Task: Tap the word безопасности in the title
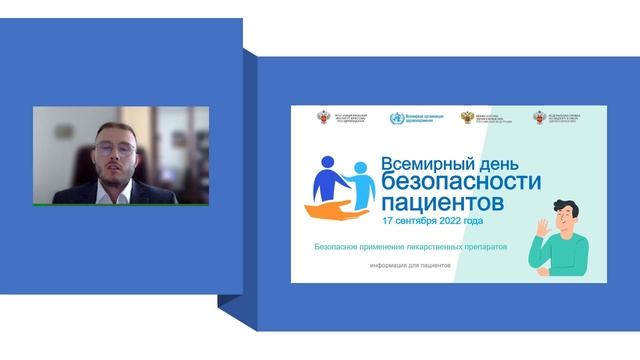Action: pyautogui.click(x=461, y=183)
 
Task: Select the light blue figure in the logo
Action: pyautogui.click(x=359, y=183)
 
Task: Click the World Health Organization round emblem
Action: pyautogui.click(x=397, y=119)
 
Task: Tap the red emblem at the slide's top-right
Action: pyautogui.click(x=540, y=118)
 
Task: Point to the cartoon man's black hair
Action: pyautogui.click(x=566, y=202)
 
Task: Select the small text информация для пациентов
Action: pyautogui.click(x=410, y=265)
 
